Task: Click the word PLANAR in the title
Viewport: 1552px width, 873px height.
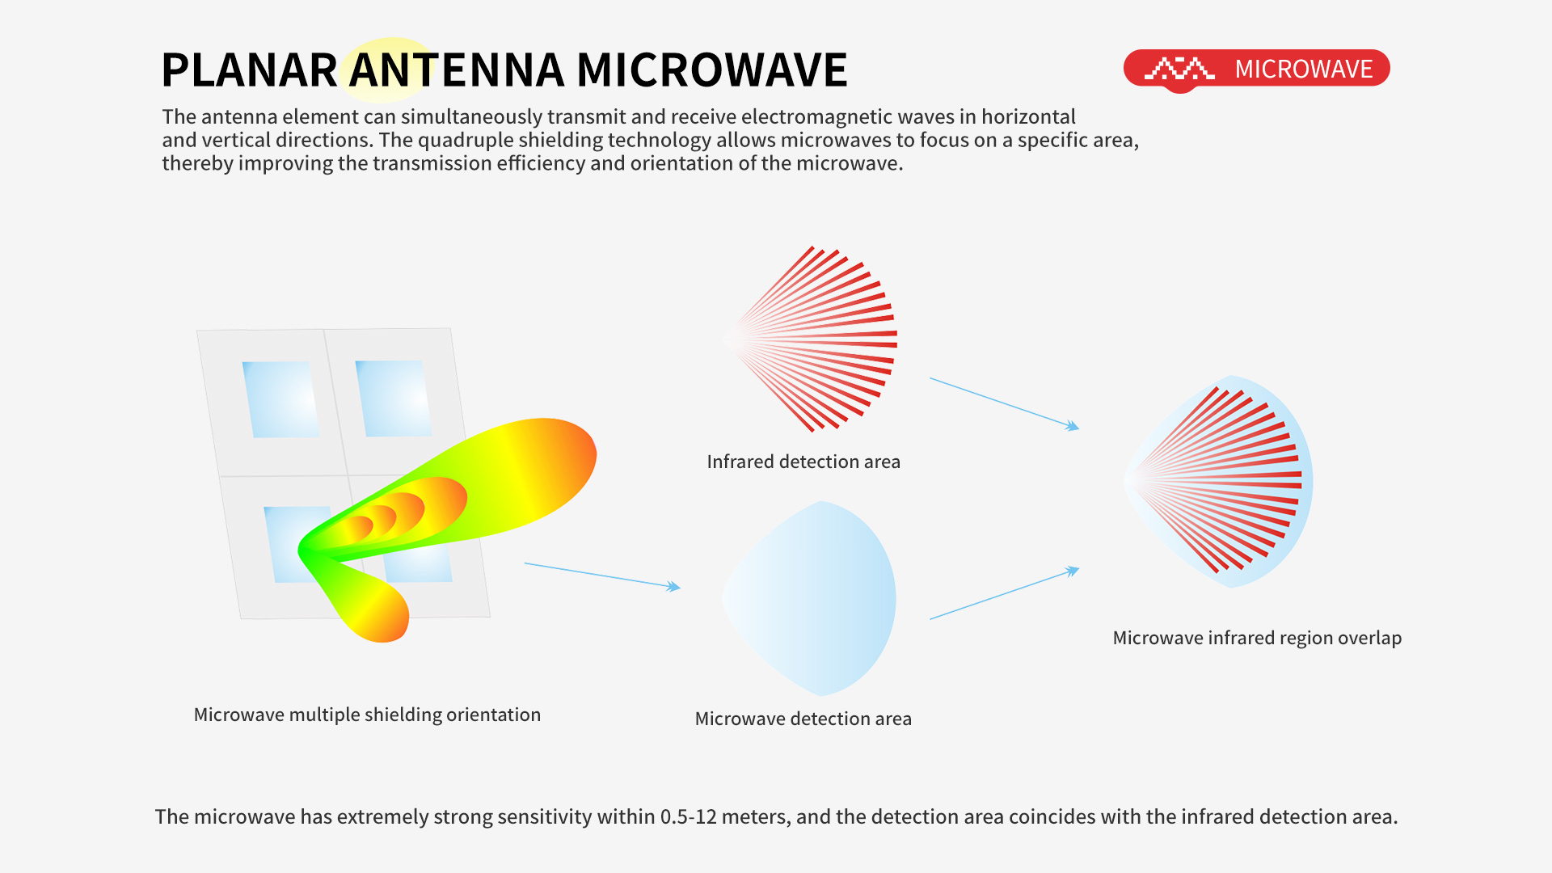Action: [249, 70]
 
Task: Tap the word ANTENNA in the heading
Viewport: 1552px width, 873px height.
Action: [456, 70]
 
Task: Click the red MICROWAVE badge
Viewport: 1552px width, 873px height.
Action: [1256, 70]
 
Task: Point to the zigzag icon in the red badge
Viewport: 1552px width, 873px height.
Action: [1179, 69]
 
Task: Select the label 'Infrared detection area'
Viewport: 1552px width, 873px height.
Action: [803, 462]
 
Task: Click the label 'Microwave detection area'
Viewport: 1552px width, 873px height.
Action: [803, 719]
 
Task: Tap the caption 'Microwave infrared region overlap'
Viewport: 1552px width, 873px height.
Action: [1257, 638]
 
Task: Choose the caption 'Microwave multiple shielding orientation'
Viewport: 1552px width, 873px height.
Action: [367, 715]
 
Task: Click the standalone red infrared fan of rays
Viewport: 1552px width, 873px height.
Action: [810, 339]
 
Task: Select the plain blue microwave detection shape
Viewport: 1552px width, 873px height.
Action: [809, 598]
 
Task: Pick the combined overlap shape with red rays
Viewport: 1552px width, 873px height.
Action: [1218, 482]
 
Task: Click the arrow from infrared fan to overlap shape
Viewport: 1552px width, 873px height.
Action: [1005, 403]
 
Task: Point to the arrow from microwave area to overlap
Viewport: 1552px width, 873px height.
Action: [1005, 594]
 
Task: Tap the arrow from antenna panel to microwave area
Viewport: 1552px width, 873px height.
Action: [602, 576]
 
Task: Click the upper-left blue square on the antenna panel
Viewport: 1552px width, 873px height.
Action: [281, 399]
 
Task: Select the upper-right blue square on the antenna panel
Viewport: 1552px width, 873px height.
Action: [394, 399]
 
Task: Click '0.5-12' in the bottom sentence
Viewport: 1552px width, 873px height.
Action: [689, 816]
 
